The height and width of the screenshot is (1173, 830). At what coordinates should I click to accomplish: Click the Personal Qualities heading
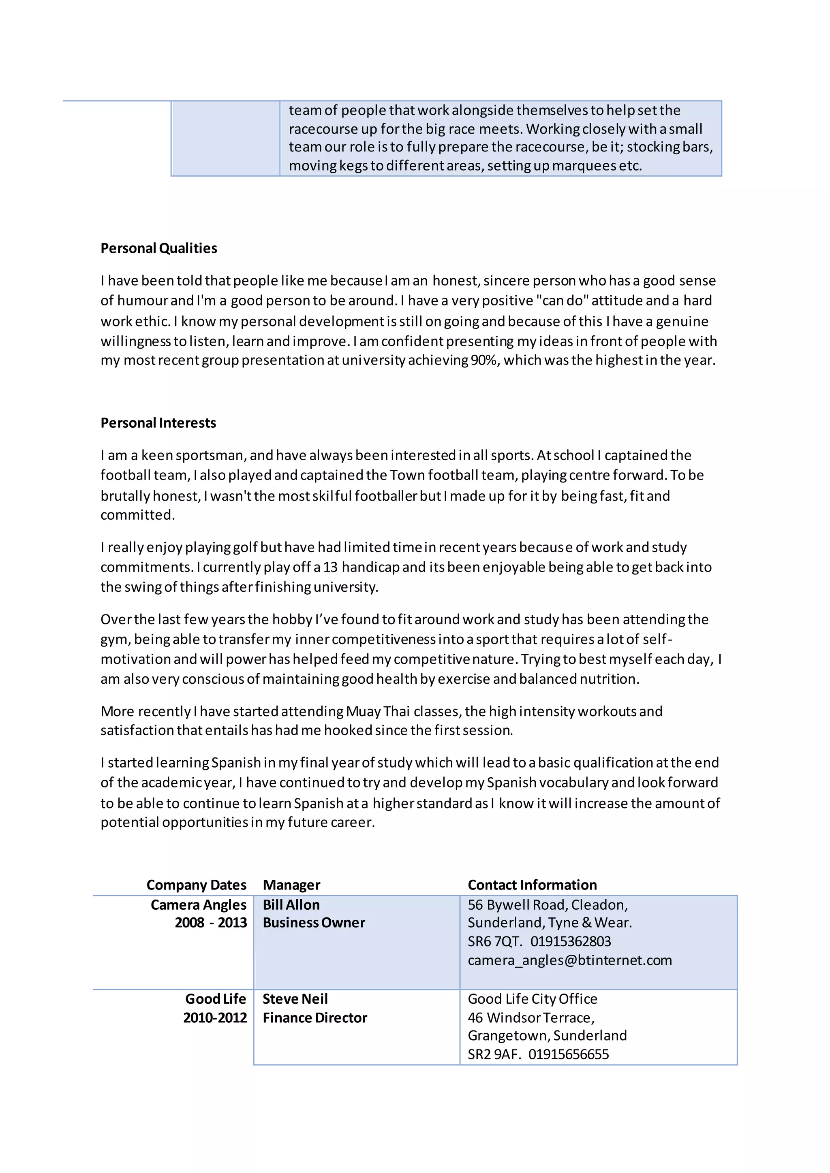[158, 248]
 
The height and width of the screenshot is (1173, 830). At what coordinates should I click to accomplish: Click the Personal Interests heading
[158, 423]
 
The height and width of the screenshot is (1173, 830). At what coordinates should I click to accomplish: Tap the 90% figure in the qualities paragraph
[483, 360]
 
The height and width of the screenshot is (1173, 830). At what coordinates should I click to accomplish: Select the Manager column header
[291, 885]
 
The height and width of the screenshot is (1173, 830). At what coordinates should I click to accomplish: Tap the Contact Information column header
[532, 885]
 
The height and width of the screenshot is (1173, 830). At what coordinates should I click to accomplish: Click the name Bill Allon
[291, 905]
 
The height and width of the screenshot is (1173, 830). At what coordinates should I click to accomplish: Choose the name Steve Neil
[295, 999]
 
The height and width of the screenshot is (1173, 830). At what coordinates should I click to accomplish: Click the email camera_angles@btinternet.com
[569, 960]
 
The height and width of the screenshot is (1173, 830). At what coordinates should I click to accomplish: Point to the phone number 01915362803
[570, 942]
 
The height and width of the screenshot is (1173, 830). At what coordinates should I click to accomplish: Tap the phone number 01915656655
[568, 1054]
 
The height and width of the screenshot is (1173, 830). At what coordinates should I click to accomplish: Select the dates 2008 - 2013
[211, 923]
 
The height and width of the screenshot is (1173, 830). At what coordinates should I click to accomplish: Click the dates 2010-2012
[215, 1018]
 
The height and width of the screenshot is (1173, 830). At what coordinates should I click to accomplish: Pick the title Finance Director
[314, 1018]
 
